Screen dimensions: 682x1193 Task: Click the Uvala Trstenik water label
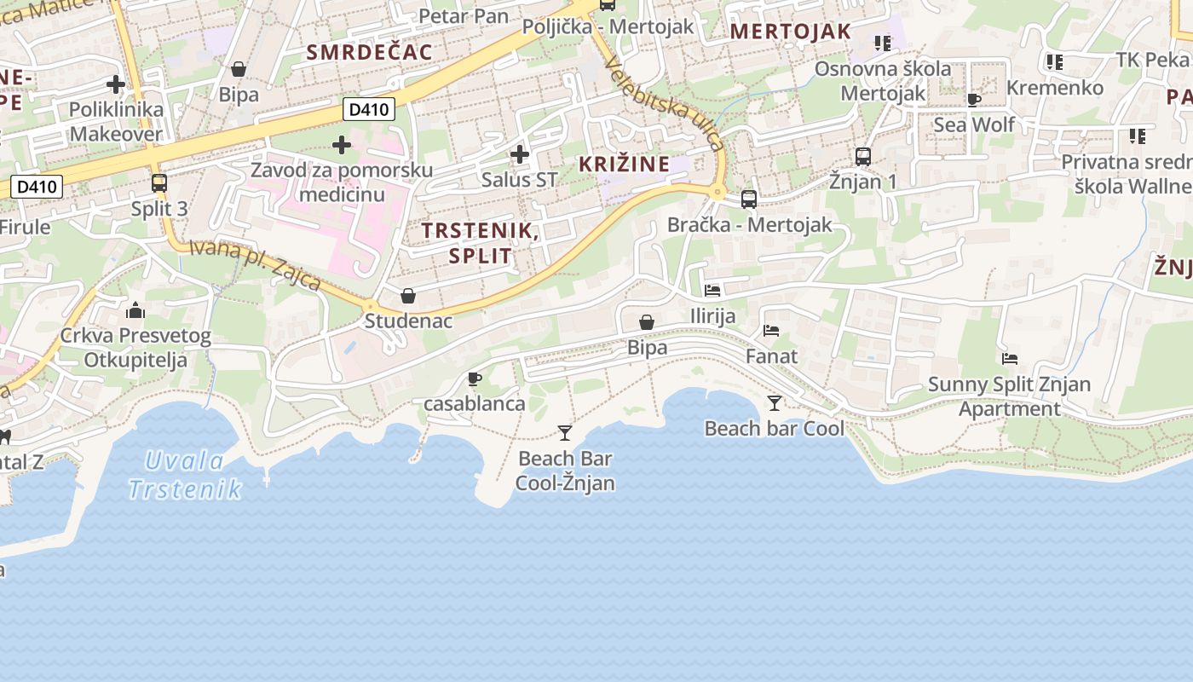[185, 476]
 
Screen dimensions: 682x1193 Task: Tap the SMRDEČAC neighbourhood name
[369, 52]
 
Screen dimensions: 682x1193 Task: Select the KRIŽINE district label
[624, 165]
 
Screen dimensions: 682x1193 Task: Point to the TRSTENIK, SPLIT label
[479, 243]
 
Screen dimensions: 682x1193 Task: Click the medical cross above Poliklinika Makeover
[116, 84]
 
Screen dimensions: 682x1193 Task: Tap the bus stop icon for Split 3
[159, 182]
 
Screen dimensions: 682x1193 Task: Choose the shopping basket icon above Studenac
[408, 296]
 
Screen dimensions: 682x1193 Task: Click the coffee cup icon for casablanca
[475, 379]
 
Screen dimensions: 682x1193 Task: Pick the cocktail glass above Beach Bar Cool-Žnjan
[564, 433]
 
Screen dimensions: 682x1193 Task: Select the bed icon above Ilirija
[712, 291]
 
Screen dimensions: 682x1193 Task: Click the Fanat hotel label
[771, 355]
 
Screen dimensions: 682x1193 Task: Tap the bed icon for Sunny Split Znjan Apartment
[1010, 359]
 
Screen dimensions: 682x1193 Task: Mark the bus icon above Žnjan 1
[863, 157]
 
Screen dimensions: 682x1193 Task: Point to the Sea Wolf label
[974, 124]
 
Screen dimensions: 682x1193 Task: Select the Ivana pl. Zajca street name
[255, 264]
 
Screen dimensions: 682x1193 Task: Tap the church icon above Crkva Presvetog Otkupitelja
[135, 310]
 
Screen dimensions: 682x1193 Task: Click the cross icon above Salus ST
[519, 154]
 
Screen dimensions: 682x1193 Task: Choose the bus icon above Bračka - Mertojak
[749, 199]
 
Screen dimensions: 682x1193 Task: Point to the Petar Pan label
[464, 15]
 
